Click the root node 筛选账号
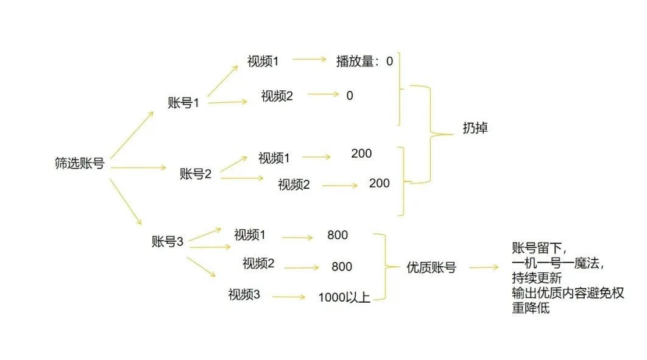79,163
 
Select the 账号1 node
183,102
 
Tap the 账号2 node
196,174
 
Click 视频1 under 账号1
263,61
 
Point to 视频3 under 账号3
244,295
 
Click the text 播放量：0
364,61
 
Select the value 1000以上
344,298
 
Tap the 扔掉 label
475,129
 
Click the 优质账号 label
431,267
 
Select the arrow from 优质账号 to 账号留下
484,267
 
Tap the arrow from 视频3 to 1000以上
289,297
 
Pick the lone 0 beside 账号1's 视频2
349,96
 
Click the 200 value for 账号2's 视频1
361,154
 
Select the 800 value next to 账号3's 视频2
342,266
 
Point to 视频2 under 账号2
294,185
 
